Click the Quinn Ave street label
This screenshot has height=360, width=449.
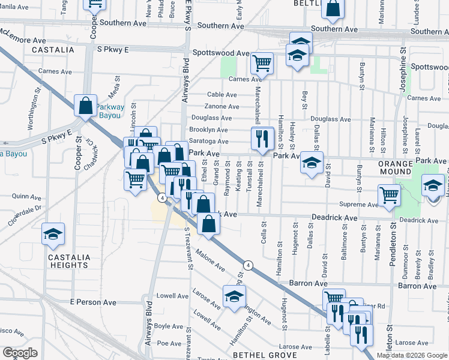click(x=25, y=196)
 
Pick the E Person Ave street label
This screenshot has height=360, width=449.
click(x=92, y=302)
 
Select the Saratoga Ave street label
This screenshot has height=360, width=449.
click(x=208, y=141)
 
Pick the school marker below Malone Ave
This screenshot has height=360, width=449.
click(x=234, y=296)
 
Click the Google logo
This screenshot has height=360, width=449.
click(x=20, y=353)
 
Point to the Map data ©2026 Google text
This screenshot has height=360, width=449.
click(x=411, y=355)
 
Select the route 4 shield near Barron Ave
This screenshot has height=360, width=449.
click(x=247, y=265)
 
